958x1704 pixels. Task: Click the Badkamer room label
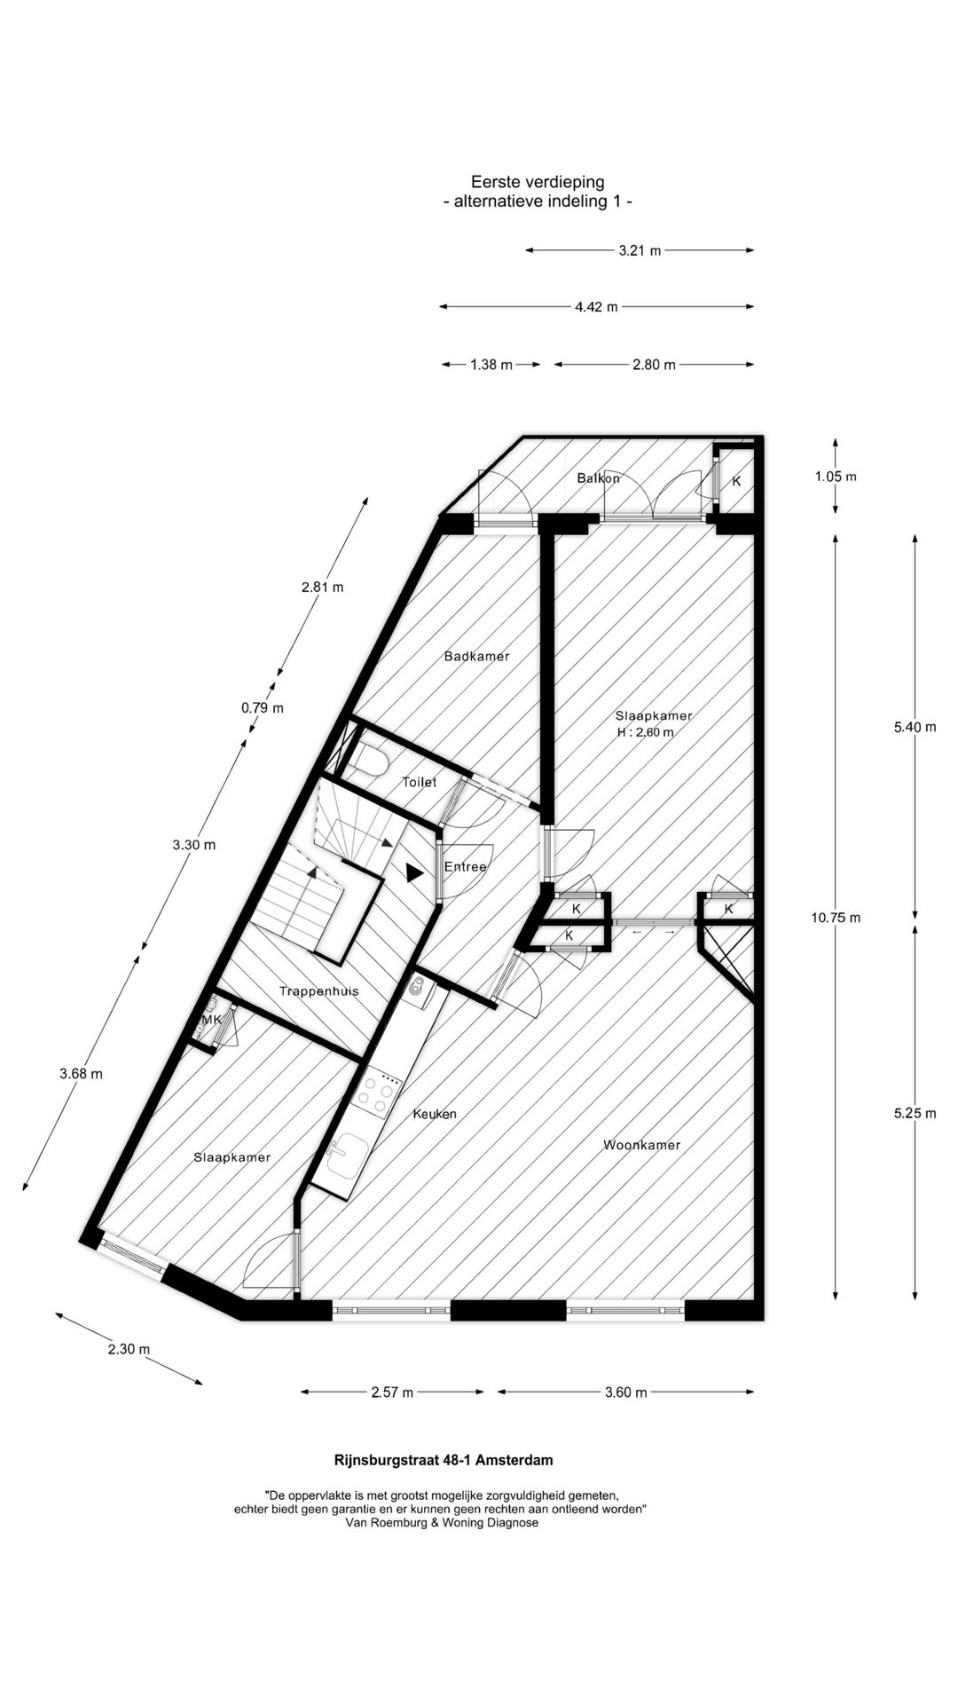(x=477, y=657)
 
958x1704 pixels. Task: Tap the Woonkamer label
(x=641, y=1145)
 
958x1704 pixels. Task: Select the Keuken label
(x=435, y=1114)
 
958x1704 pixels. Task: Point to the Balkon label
(x=599, y=478)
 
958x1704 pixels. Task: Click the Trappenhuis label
(x=318, y=991)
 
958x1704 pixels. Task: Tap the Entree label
(x=466, y=867)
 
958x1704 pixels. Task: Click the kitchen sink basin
(x=346, y=1156)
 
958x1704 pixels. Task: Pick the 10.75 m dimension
(x=836, y=918)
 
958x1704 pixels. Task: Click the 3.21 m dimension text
(x=640, y=251)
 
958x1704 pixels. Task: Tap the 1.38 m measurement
(x=491, y=365)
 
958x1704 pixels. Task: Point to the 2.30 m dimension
(x=129, y=1350)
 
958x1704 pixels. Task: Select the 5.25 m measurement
(x=915, y=1114)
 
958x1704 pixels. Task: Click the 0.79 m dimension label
(x=263, y=708)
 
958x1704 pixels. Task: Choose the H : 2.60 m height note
(x=646, y=732)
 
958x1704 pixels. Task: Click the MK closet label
(x=211, y=1021)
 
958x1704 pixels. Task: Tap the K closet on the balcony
(x=736, y=482)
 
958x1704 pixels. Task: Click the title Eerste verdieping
(x=538, y=182)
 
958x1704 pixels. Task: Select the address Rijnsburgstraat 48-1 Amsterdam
(x=443, y=1460)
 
